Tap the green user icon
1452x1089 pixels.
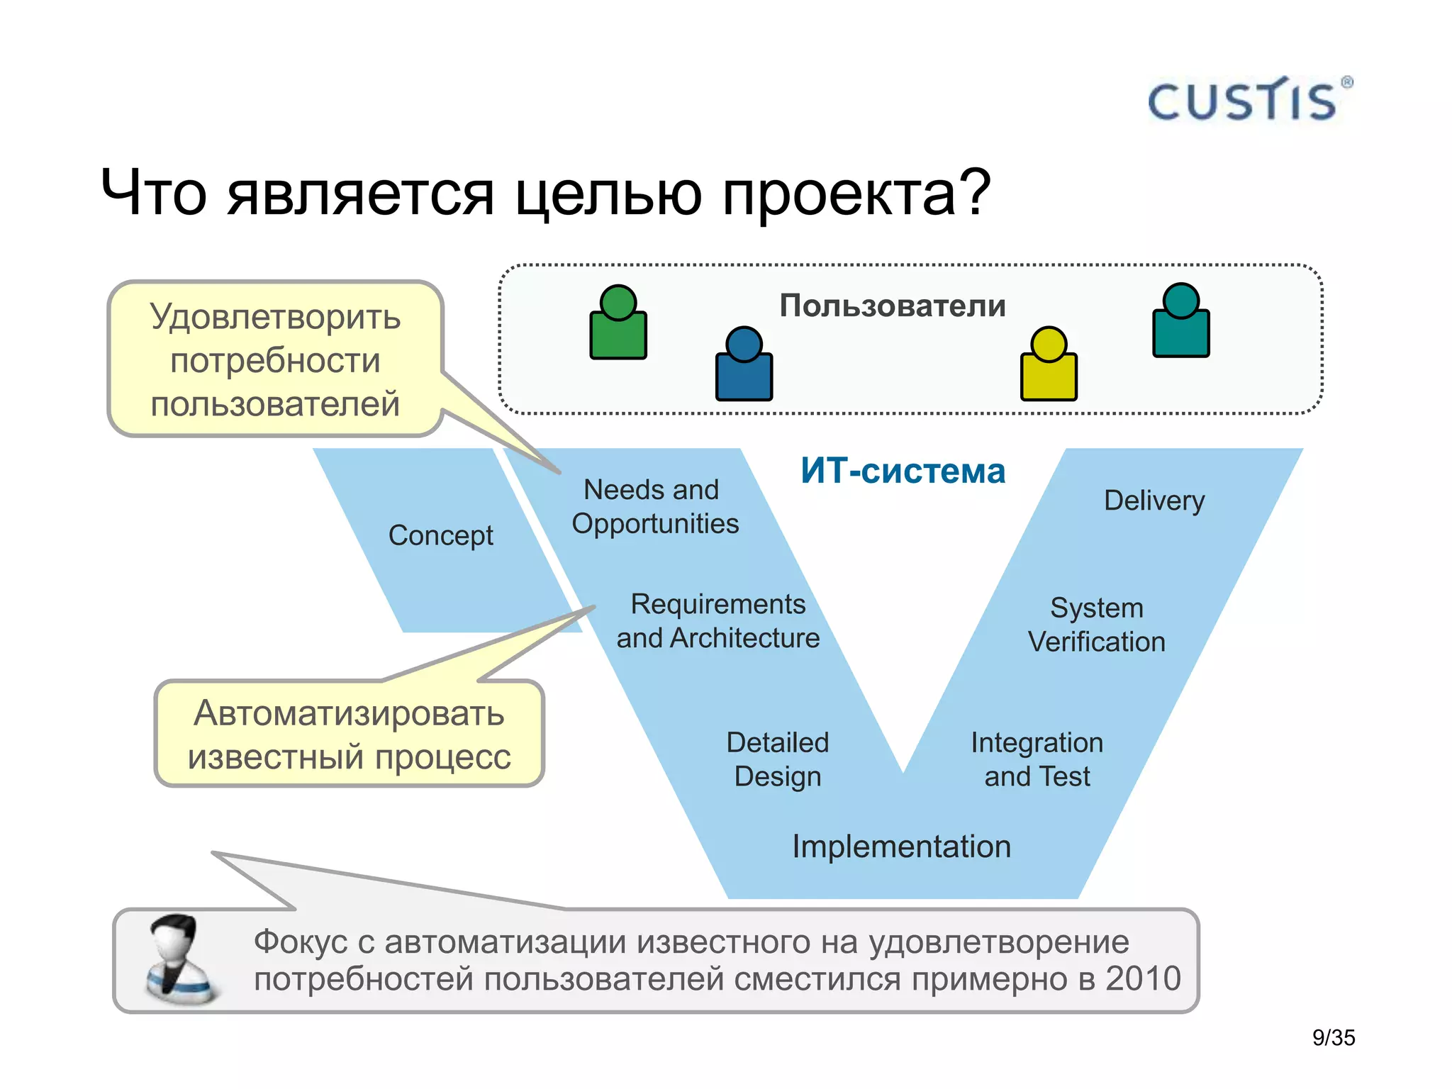tap(618, 325)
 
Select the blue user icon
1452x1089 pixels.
tap(744, 366)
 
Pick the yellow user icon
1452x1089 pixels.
tap(1049, 366)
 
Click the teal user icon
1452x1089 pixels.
tap(1180, 323)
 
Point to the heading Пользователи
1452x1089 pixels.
tap(893, 306)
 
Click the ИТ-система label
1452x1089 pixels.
tap(903, 471)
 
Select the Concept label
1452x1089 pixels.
tap(440, 536)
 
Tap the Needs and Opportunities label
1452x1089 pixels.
tap(654, 507)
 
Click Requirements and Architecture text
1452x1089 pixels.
tap(717, 621)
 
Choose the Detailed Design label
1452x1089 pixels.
tap(778, 759)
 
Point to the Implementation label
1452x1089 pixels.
tap(901, 847)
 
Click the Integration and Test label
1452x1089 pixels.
tap(1037, 759)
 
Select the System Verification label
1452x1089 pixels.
tap(1096, 625)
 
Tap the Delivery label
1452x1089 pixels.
tap(1154, 501)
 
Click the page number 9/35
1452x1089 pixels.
tap(1333, 1038)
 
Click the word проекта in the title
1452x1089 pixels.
tap(839, 194)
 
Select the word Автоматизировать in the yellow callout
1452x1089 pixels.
tap(349, 713)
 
